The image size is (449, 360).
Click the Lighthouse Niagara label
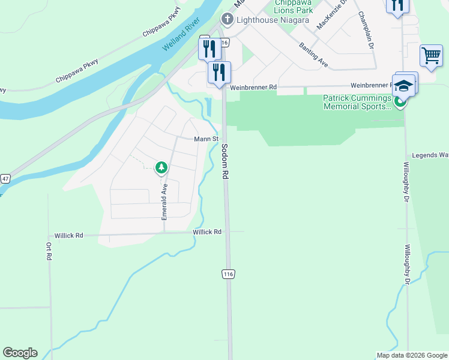pyautogui.click(x=262, y=19)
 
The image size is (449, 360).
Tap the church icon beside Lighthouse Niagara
pyautogui.click(x=228, y=19)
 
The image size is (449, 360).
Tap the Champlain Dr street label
pyautogui.click(x=367, y=31)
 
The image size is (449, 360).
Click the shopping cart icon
pyautogui.click(x=431, y=56)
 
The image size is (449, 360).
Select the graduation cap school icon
pyautogui.click(x=404, y=85)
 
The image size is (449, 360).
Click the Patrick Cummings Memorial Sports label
pyautogui.click(x=358, y=102)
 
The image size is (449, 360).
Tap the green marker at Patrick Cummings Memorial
pyautogui.click(x=400, y=102)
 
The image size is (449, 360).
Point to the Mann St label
pyautogui.click(x=205, y=139)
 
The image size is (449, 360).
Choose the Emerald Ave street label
pyautogui.click(x=164, y=201)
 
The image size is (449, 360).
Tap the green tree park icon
pyautogui.click(x=161, y=168)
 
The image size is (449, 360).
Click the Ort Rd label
pyautogui.click(x=49, y=251)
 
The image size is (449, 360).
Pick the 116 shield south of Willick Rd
pyautogui.click(x=228, y=274)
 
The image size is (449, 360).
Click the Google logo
pyautogui.click(x=20, y=353)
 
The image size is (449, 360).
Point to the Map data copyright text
pyautogui.click(x=412, y=355)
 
